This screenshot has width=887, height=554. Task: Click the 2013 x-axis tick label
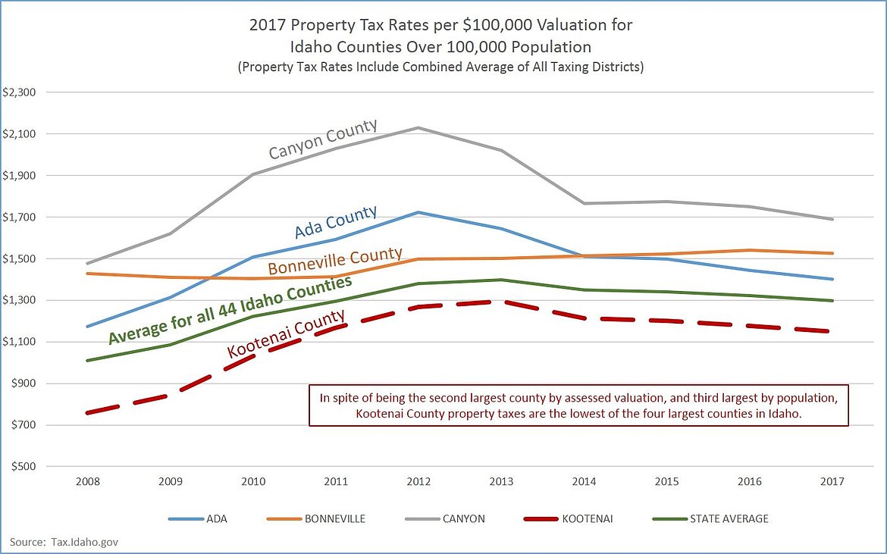(x=501, y=481)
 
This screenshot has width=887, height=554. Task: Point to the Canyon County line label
(x=323, y=139)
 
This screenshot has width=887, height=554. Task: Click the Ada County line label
(x=335, y=222)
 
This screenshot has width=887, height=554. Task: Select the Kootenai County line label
(x=287, y=333)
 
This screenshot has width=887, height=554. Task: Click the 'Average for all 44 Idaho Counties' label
(x=230, y=310)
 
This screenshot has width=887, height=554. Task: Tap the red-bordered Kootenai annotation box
(x=579, y=405)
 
